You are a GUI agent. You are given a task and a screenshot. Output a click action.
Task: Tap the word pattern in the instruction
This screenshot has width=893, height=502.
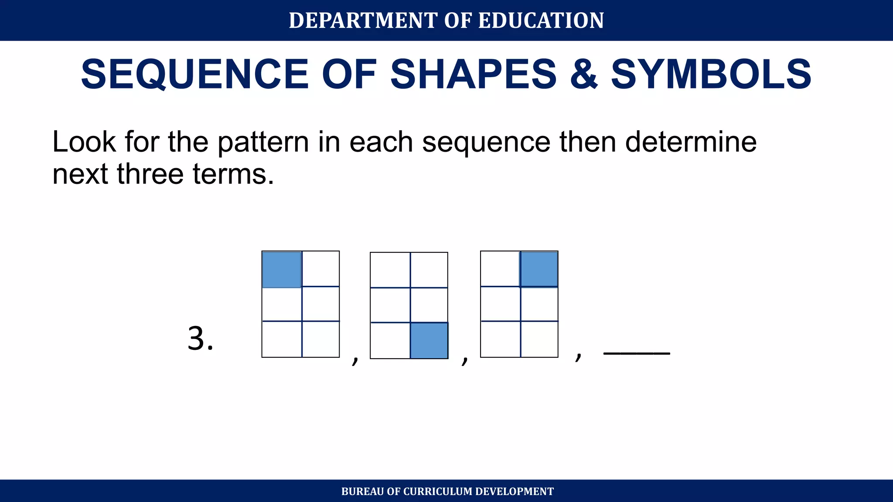pyautogui.click(x=263, y=142)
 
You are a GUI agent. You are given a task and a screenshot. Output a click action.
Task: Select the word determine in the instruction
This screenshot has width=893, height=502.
pyautogui.click(x=691, y=142)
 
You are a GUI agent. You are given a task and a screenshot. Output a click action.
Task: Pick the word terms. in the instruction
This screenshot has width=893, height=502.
pyautogui.click(x=233, y=174)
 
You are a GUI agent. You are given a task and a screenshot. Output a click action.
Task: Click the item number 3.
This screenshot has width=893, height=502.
pyautogui.click(x=200, y=339)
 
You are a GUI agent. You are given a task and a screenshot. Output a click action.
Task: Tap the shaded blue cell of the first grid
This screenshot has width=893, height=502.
pyautogui.click(x=282, y=269)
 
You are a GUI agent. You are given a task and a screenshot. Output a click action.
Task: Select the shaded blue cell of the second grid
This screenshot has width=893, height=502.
pyautogui.click(x=429, y=340)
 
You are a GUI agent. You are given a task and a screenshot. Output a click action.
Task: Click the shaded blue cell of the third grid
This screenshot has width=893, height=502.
pyautogui.click(x=539, y=269)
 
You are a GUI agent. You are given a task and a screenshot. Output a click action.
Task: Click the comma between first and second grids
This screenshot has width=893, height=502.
pyautogui.click(x=355, y=360)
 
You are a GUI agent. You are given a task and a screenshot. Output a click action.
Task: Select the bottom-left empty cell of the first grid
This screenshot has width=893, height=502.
pyautogui.click(x=282, y=339)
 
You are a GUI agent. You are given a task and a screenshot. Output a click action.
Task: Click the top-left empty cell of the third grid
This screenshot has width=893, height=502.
pyautogui.click(x=500, y=269)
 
